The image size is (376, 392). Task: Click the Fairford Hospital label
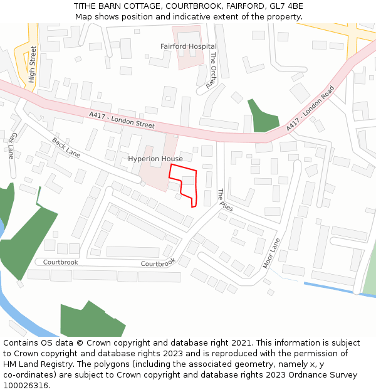(188, 46)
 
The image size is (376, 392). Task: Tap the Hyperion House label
(155, 159)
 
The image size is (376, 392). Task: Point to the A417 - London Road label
(310, 109)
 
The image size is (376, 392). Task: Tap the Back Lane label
(66, 149)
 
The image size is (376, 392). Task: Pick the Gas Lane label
(11, 145)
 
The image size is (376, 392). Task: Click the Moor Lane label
(271, 253)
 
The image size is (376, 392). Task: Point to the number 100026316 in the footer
(24, 385)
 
